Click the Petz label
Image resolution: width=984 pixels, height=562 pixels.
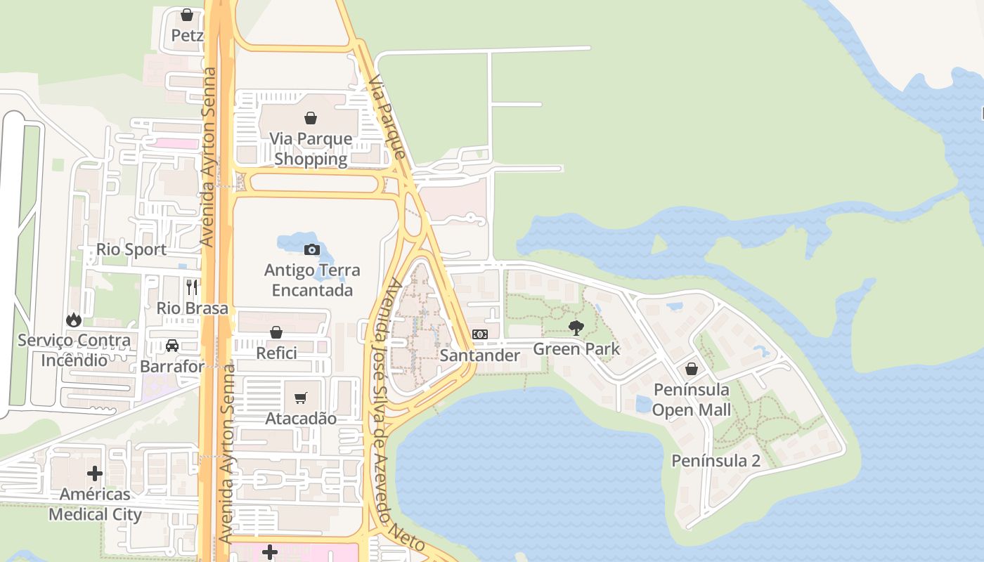click(187, 35)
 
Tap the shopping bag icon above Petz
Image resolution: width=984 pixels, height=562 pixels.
click(187, 15)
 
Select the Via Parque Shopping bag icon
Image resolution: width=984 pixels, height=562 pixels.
click(311, 118)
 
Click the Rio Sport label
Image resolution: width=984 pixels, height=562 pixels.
click(131, 249)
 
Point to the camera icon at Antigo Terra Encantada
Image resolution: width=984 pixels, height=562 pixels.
click(311, 249)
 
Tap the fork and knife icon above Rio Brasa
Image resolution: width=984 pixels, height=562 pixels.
click(192, 287)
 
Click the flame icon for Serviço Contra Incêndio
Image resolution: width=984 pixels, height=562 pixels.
click(74, 320)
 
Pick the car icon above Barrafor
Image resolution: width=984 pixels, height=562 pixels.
click(172, 346)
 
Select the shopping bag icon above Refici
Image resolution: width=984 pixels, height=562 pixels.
click(276, 332)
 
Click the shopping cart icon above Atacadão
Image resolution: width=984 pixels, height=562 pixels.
click(301, 398)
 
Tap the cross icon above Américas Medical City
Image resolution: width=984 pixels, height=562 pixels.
click(95, 473)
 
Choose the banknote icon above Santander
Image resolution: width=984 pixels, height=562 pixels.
click(480, 334)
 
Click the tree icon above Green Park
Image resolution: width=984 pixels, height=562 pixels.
click(576, 327)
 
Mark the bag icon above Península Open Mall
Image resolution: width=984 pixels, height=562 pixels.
click(692, 369)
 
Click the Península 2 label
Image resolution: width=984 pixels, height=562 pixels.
click(716, 461)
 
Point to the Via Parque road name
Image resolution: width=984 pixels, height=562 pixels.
click(387, 117)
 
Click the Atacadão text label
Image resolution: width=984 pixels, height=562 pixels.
click(301, 419)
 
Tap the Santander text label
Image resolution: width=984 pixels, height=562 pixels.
click(480, 355)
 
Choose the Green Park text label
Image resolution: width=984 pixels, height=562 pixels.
click(576, 348)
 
